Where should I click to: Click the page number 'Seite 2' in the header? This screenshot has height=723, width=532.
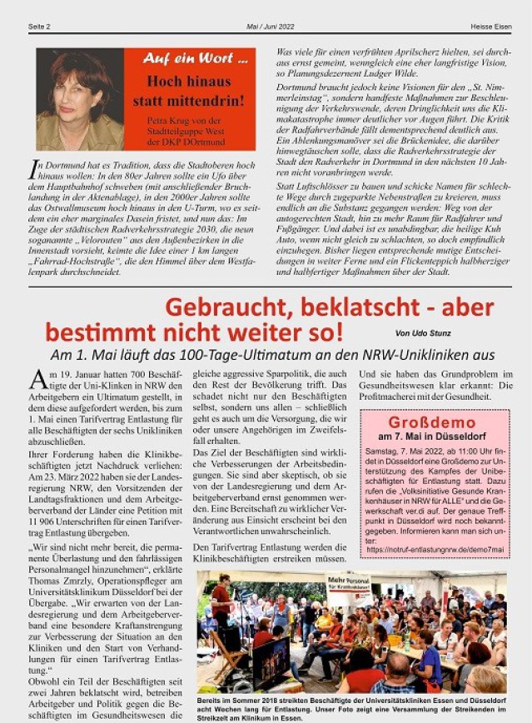pyautogui.click(x=39, y=27)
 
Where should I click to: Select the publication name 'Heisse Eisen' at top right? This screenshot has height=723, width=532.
pyautogui.click(x=492, y=27)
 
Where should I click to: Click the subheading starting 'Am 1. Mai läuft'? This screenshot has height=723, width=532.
pyautogui.click(x=272, y=355)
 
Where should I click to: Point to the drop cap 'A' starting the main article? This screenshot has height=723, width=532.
pyautogui.click(x=38, y=379)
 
